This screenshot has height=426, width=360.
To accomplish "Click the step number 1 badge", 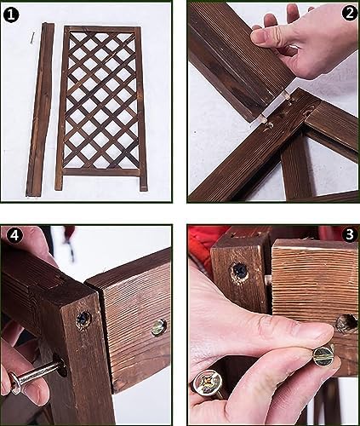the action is coord(11,15).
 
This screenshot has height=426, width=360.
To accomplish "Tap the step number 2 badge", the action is coord(350,13).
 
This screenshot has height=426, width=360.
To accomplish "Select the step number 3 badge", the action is coord(350,235).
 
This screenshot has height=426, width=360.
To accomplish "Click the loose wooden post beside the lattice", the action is coord(40,110).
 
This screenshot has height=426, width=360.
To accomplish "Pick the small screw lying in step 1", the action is coord(32,37).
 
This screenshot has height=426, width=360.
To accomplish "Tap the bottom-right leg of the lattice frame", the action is coord(143,181).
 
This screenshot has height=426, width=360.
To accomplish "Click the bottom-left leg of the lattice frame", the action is coord(59,181).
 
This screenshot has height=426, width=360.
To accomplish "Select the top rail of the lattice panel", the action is coord(102,29).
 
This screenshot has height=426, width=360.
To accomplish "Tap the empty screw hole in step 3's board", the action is coord(346,323).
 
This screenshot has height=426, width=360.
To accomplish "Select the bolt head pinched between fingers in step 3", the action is coord(323,354).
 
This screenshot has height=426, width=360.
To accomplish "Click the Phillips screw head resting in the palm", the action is coord(208,383).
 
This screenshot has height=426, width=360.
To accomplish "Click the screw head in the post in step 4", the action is coord(84,320).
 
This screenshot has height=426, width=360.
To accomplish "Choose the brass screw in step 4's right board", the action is coord(159,327).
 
